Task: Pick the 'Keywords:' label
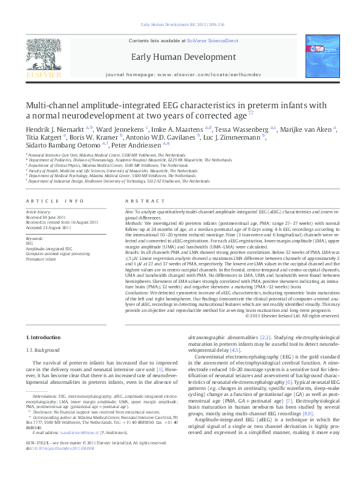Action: [x=35, y=238]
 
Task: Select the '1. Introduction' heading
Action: [x=44, y=336]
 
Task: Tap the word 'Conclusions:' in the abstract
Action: [x=137, y=292]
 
